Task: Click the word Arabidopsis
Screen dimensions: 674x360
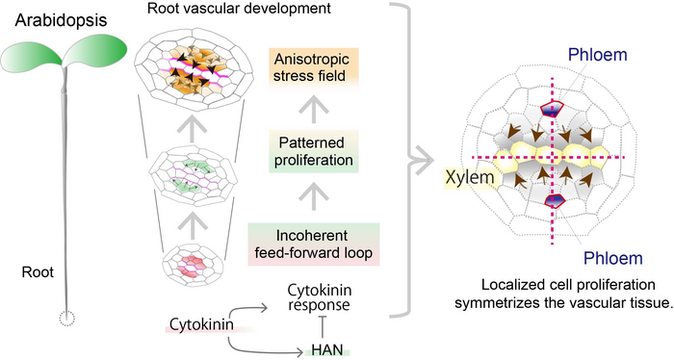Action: coord(61,20)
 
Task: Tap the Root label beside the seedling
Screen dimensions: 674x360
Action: coord(38,272)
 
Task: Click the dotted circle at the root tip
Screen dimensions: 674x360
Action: coord(66,319)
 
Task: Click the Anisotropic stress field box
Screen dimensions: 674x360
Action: coord(313,67)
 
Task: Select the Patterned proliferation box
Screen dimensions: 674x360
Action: coord(313,151)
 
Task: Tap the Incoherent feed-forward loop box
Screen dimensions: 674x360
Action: coord(313,244)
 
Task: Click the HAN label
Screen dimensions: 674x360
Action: coord(327,350)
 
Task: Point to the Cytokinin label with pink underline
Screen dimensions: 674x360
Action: coord(202,324)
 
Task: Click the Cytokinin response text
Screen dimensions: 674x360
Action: coord(319,297)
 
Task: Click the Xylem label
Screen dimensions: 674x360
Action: coord(470,177)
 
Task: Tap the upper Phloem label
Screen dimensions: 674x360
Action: coord(598,55)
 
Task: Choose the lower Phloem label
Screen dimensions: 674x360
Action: coord(612,258)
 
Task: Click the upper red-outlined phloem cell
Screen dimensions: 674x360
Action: coord(552,109)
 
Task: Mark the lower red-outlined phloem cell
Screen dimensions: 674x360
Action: coord(555,201)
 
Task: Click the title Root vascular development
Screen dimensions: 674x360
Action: coord(239,8)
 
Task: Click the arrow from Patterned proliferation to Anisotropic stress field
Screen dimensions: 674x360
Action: coord(313,110)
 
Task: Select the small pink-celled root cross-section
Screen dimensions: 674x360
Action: coord(193,265)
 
